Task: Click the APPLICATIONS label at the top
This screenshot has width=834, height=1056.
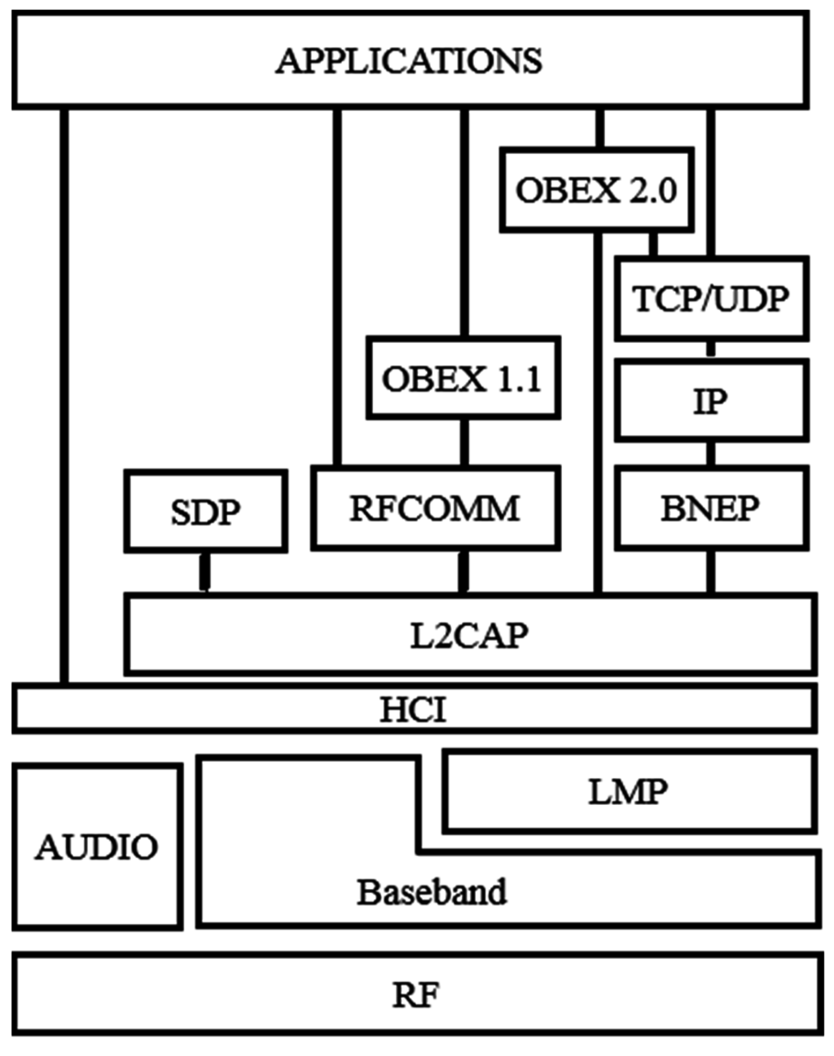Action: point(409,61)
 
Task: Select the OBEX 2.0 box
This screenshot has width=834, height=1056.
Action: point(596,190)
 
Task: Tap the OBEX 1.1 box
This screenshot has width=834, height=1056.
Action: point(463,378)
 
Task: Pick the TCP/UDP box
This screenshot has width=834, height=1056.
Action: point(711,299)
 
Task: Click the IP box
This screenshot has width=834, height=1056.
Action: point(711,401)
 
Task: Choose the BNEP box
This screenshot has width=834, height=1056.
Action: point(711,508)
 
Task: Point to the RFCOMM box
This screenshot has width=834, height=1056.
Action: point(435,508)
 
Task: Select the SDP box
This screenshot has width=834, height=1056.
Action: point(205,512)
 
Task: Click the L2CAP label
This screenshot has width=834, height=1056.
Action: point(468,635)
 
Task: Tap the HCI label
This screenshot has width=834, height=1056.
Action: point(413,710)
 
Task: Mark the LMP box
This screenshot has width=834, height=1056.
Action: point(628,791)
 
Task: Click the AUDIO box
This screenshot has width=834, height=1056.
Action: point(97,847)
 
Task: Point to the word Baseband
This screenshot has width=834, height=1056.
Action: point(432,891)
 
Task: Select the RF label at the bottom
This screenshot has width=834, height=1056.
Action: point(415,995)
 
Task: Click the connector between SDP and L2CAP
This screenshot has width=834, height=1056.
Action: point(205,572)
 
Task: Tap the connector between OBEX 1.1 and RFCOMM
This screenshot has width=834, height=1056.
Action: point(464,442)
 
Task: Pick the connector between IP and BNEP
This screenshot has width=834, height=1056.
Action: point(711,453)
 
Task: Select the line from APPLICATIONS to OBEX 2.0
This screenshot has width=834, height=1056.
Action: point(600,128)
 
